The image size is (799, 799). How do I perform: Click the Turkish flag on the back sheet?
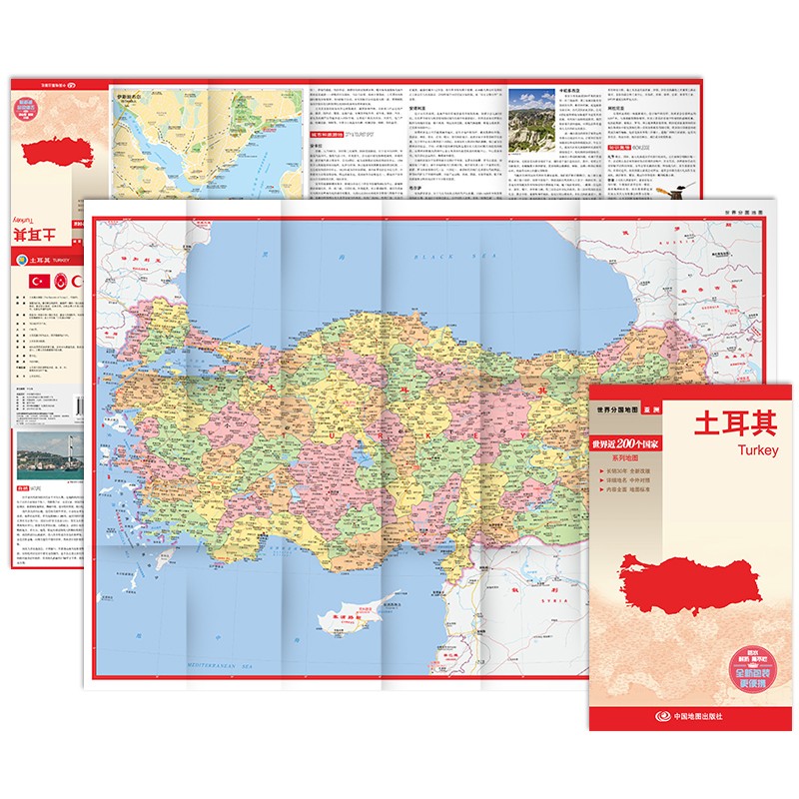tap(40, 281)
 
